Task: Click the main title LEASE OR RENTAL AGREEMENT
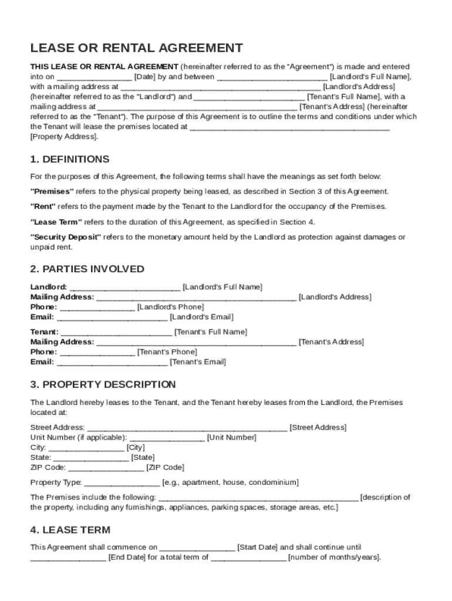coord(137,48)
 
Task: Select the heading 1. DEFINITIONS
coord(70,159)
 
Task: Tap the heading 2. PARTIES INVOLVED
coord(87,269)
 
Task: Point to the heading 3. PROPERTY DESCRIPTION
coord(103,384)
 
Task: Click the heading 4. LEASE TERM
coord(70,530)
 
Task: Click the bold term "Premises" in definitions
coord(52,191)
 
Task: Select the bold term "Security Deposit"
coord(66,237)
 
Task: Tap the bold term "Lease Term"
coord(56,222)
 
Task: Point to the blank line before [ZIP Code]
coord(106,468)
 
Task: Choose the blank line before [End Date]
coord(68,558)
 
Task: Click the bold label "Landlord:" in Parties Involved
coord(48,287)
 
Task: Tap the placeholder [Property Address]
coord(64,136)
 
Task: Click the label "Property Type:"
coord(56,482)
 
